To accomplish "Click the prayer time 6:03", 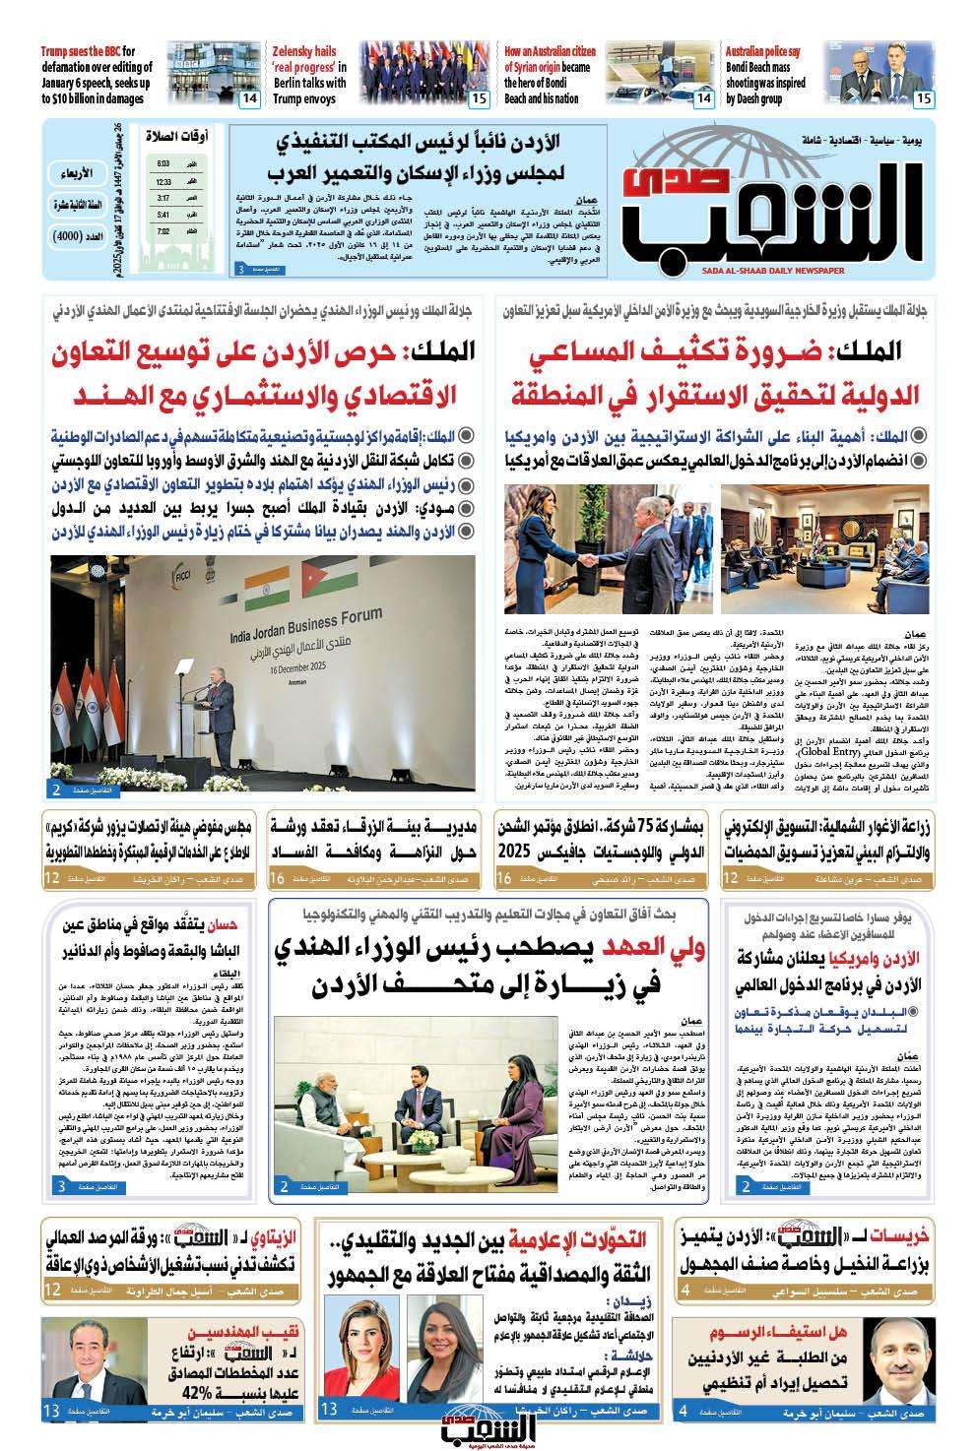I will [x=163, y=164].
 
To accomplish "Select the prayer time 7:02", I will [x=163, y=232].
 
